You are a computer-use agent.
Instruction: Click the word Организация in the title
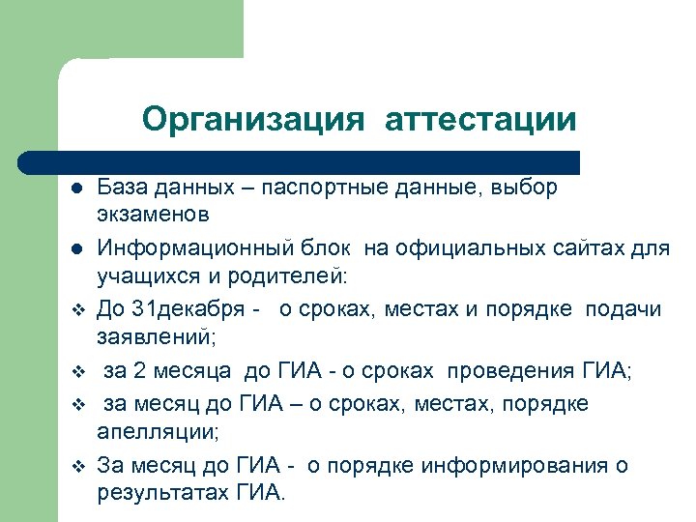tap(253, 120)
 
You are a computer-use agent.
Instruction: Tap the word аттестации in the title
tap(479, 120)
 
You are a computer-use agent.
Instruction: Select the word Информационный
tap(184, 249)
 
